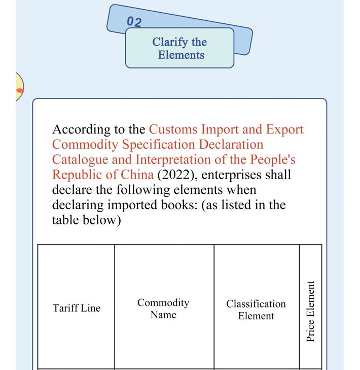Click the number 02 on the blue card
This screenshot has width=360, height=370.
tap(134, 22)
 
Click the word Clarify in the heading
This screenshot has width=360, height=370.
tap(170, 43)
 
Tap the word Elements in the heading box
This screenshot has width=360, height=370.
tap(181, 55)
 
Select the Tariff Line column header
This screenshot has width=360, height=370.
tap(77, 308)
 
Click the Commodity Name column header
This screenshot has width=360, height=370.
tap(163, 309)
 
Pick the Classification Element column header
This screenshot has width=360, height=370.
tap(256, 310)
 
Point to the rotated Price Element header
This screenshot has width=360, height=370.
tap(310, 312)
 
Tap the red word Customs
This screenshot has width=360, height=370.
tap(173, 129)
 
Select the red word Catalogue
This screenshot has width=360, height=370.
tap(80, 160)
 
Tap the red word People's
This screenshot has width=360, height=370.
tap(273, 160)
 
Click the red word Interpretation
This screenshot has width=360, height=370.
tap(173, 160)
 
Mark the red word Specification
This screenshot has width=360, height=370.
tap(158, 145)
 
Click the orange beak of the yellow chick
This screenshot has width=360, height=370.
tap(20, 90)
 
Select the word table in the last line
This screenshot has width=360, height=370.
tap(65, 220)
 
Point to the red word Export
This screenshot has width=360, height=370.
tap(285, 130)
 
